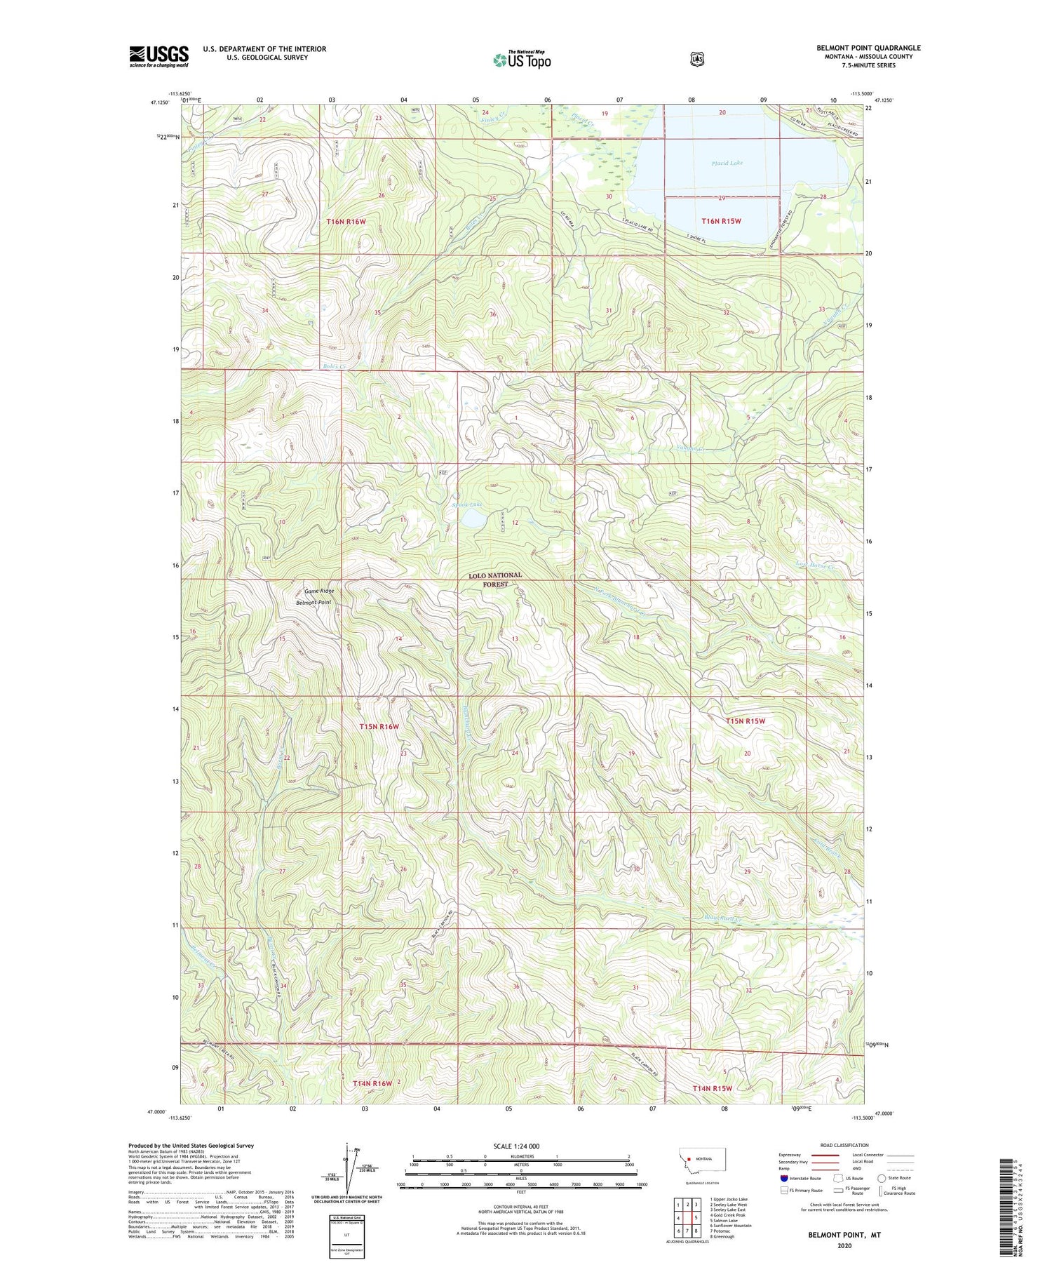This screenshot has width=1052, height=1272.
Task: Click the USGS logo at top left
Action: click(x=159, y=56)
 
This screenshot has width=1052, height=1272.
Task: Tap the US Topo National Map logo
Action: click(x=522, y=60)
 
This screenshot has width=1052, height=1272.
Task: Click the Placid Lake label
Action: click(x=727, y=163)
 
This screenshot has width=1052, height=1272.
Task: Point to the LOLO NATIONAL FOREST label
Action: click(x=495, y=579)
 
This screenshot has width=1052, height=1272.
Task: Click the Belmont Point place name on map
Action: click(x=313, y=602)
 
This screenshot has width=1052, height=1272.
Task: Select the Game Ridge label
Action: click(x=318, y=591)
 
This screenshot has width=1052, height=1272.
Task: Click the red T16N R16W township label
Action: click(x=346, y=222)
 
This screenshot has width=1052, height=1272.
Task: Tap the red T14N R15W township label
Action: click(x=712, y=1088)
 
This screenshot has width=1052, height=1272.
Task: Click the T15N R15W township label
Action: click(x=745, y=721)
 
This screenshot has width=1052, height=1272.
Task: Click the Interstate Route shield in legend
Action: click(x=784, y=1178)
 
